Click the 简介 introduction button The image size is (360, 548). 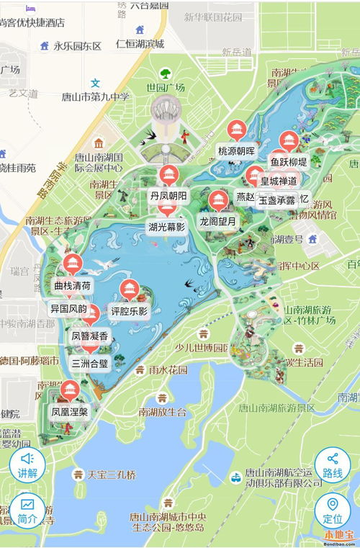click(x=27, y=509)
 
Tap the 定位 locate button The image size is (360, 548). click(x=333, y=509)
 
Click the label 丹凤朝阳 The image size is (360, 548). click(x=168, y=196)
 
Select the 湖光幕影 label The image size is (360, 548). click(x=167, y=227)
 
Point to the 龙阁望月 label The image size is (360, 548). click(x=218, y=221)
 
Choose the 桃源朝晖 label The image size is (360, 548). click(x=236, y=151)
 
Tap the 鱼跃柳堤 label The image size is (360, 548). click(x=289, y=161)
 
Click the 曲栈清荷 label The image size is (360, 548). click(x=72, y=285)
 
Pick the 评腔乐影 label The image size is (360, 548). click(x=129, y=312)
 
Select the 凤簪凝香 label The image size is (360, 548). click(x=90, y=336)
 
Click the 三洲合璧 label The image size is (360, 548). click(x=90, y=363)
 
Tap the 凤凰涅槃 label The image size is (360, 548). click(x=70, y=412)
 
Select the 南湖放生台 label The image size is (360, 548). click(x=163, y=412)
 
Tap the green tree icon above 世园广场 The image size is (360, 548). click(x=166, y=74)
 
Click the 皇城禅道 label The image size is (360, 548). click(x=279, y=180)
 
